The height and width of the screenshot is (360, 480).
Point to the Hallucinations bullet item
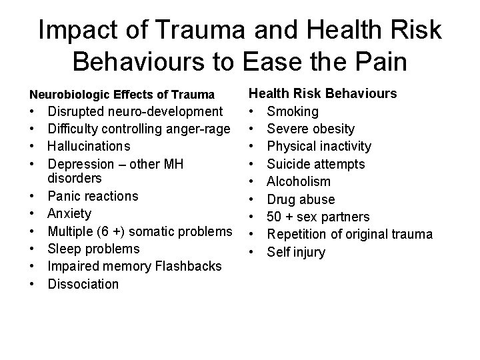click(x=89, y=146)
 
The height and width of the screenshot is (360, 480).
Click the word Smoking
click(x=297, y=111)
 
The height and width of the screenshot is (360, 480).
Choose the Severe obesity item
click(x=311, y=129)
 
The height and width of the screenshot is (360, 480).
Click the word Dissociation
click(x=83, y=284)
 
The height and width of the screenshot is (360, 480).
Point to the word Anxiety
click(x=70, y=213)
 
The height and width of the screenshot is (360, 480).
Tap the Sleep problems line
click(x=94, y=249)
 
